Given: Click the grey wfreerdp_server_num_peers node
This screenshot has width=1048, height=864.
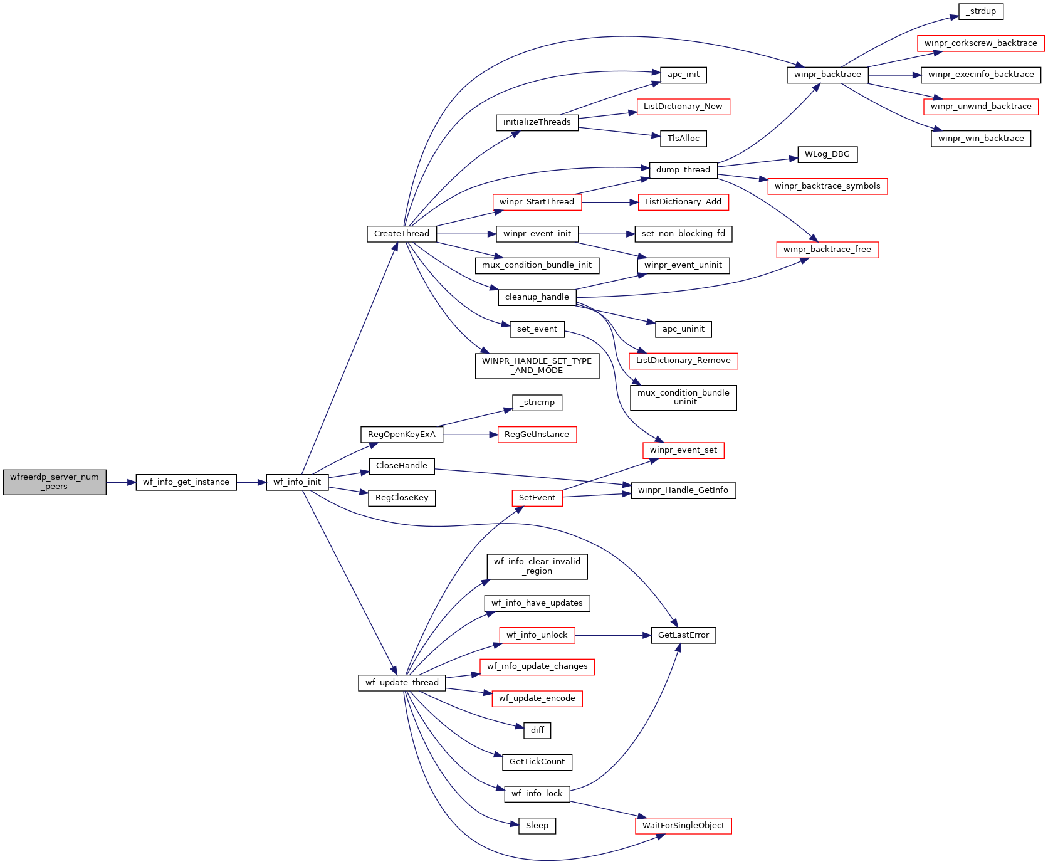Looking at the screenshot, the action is [55, 482].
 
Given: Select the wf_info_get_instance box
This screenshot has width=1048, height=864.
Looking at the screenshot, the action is [186, 482].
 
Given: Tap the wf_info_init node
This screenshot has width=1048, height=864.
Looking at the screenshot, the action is [297, 482].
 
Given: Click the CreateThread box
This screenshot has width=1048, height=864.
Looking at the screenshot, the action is [402, 234].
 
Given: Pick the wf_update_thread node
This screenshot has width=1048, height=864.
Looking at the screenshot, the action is [402, 683].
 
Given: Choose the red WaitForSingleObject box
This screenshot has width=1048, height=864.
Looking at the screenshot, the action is [683, 826].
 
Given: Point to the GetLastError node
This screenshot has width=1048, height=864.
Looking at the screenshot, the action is [683, 635].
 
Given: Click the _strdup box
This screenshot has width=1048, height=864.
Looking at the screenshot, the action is [981, 11].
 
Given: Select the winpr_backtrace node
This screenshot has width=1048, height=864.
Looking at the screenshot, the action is [827, 75].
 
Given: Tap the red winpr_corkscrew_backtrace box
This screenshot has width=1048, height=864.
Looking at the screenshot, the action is [981, 43].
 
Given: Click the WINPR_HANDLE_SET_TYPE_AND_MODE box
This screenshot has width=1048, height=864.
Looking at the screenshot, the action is [537, 366].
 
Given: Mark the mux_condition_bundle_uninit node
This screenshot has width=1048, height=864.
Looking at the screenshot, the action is [683, 398].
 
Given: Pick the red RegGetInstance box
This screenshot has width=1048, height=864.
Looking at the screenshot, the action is [537, 435].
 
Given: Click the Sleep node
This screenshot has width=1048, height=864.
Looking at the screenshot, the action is [537, 826].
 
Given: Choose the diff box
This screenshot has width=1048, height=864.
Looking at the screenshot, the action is [537, 730].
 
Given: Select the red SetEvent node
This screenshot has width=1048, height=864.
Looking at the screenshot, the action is [537, 498].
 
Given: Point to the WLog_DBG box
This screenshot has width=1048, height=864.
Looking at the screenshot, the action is [827, 154].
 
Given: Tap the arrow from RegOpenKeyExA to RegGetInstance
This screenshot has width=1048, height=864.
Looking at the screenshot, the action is [470, 435].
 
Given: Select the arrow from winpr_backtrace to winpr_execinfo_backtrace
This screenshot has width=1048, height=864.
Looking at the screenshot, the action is [894, 75].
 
